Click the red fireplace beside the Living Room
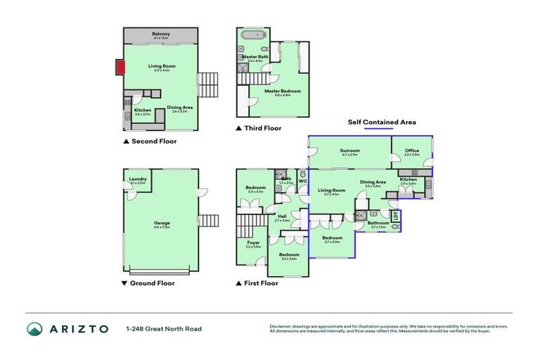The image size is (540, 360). point(121,68)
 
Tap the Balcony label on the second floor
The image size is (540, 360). point(161,34)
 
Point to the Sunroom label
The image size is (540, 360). point(350,150)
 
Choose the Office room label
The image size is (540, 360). point(411,150)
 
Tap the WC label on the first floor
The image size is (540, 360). point(302,181)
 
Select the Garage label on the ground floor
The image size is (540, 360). point(162,224)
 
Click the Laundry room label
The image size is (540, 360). point(138,179)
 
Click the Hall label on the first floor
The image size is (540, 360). point(281,216)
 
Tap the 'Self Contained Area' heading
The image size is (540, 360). point(382,122)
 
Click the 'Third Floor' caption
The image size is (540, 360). point(262,128)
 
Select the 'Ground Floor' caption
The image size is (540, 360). point(153,283)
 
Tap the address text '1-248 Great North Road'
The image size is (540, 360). point(157,329)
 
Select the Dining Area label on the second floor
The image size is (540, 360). point(180,107)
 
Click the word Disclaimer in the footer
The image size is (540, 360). point(281,326)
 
